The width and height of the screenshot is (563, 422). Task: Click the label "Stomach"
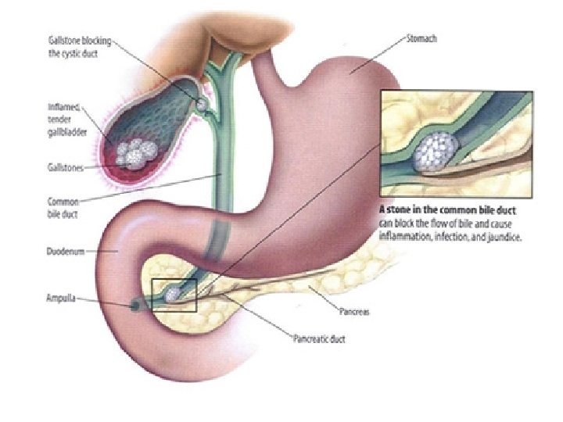tap(421, 38)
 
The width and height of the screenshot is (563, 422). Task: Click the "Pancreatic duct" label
tap(317, 339)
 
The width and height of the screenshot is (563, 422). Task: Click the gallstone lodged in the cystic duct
tap(201, 102)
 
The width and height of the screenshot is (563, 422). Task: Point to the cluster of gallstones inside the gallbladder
tap(134, 152)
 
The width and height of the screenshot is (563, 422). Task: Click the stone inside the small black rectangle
tap(173, 294)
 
